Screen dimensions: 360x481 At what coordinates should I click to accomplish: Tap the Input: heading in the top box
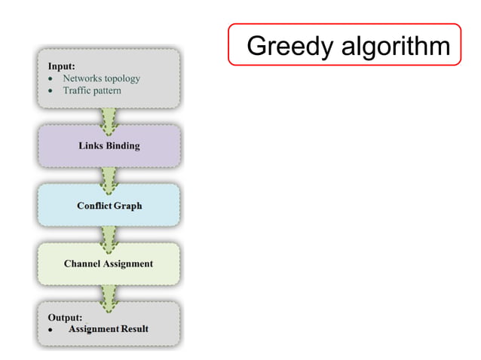(x=62, y=66)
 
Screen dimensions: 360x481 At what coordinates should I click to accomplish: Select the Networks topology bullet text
(x=101, y=78)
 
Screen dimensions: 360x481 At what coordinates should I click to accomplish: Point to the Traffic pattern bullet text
(x=92, y=90)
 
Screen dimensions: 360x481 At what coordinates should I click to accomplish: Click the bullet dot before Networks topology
(x=50, y=78)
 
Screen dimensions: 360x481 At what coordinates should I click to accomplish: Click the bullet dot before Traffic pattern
(x=50, y=90)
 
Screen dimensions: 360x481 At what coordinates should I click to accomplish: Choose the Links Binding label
(x=109, y=145)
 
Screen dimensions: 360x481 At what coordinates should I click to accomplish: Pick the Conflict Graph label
(x=109, y=205)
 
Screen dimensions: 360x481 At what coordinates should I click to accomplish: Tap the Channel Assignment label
(x=109, y=264)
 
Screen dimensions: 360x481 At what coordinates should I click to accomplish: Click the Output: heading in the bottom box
(x=66, y=317)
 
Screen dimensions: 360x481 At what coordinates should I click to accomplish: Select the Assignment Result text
(x=109, y=329)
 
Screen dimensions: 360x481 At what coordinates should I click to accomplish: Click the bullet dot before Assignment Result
(x=50, y=331)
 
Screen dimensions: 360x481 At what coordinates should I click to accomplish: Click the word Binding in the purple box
(x=122, y=145)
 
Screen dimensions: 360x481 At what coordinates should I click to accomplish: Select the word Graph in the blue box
(x=127, y=205)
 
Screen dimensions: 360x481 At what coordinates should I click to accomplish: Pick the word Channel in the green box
(x=83, y=264)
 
